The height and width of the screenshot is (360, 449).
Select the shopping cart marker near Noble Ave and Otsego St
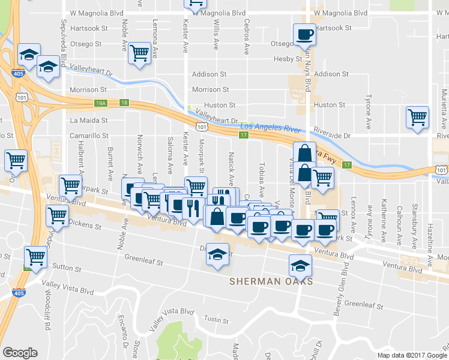click(x=139, y=53)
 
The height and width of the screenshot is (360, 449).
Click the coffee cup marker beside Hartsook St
click(x=304, y=34)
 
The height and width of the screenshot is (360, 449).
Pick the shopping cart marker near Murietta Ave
click(x=417, y=117)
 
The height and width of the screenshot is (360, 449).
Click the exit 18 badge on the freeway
click(x=124, y=103)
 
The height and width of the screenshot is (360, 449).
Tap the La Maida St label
click(x=88, y=120)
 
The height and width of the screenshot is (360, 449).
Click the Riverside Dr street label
click(x=333, y=136)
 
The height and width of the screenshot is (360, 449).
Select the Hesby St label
click(x=288, y=59)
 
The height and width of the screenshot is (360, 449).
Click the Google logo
click(x=20, y=353)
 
